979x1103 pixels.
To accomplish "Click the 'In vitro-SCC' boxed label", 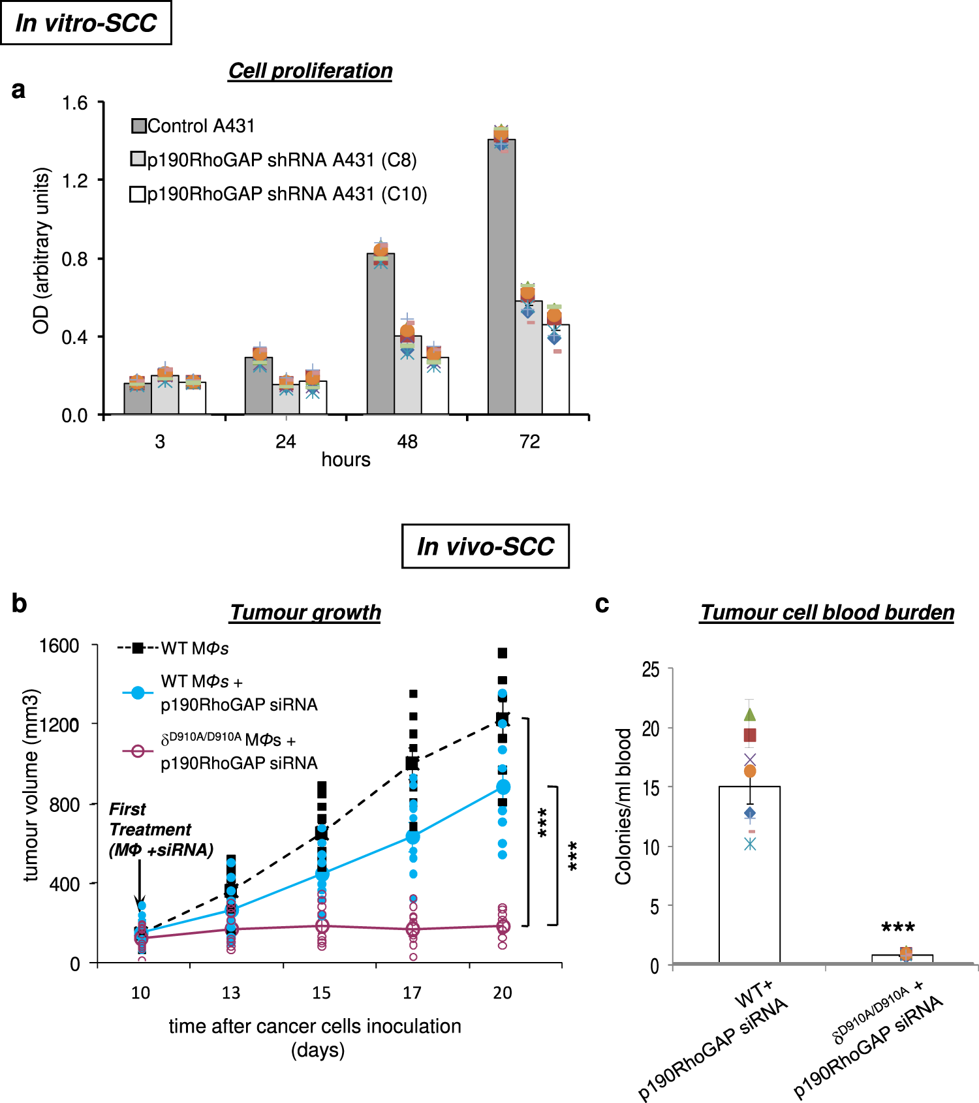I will pyautogui.click(x=86, y=23).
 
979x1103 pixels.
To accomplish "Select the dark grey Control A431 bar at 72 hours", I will pyautogui.click(x=501, y=281).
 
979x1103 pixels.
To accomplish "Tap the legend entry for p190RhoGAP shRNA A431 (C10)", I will pyautogui.click(x=279, y=194).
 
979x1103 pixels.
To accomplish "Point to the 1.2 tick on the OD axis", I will pyautogui.click(x=74, y=180).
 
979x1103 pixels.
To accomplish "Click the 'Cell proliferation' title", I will pyautogui.click(x=310, y=70).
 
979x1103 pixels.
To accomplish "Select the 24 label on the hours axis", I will pyautogui.click(x=285, y=442).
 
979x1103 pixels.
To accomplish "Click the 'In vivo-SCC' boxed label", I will pyautogui.click(x=486, y=546).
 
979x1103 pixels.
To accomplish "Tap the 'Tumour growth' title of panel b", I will pyautogui.click(x=305, y=612).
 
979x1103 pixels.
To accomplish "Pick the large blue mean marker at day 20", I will pyautogui.click(x=503, y=787).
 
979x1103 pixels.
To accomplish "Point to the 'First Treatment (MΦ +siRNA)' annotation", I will pyautogui.click(x=160, y=830).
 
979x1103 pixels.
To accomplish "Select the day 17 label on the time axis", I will pyautogui.click(x=412, y=993).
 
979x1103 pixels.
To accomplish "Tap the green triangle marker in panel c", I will pyautogui.click(x=750, y=715).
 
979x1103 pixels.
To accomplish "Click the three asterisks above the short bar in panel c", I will pyautogui.click(x=898, y=927).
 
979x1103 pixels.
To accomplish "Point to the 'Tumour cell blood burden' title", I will pyautogui.click(x=827, y=612).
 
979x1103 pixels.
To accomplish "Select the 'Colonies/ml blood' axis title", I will pyautogui.click(x=623, y=806).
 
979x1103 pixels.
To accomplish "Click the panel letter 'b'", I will pyautogui.click(x=19, y=604).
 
